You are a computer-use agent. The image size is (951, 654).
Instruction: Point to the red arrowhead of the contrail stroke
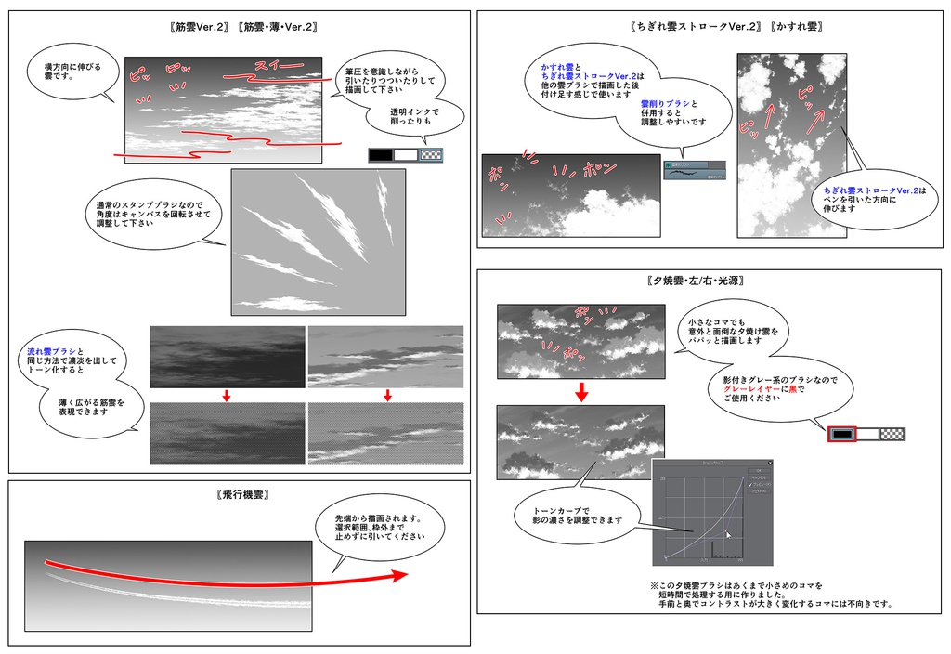coord(399,575)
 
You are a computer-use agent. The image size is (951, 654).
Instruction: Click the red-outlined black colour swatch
coord(841,434)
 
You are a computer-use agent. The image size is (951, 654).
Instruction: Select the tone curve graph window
coord(712,510)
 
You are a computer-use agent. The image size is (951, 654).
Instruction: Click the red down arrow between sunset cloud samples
coord(581,391)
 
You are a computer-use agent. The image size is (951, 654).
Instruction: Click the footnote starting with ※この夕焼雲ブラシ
coord(770,595)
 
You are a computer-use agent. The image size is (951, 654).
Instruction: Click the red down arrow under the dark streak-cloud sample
coord(227,397)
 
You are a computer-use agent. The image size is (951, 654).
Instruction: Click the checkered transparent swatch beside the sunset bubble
coord(892,434)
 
